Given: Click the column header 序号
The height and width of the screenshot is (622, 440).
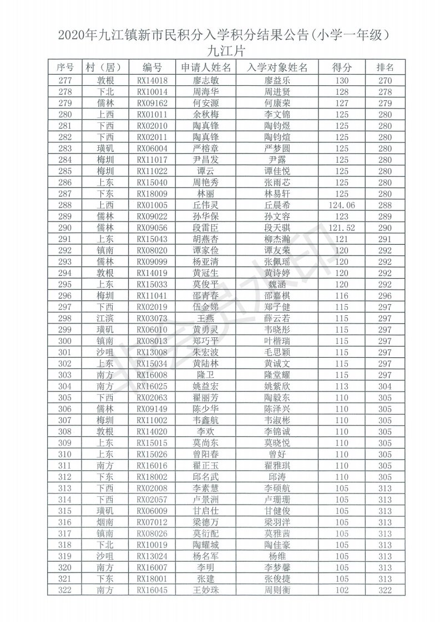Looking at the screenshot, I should (65, 68).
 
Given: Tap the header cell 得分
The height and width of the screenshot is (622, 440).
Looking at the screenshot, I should (342, 68).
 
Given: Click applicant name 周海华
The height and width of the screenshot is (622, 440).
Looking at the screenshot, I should (206, 91).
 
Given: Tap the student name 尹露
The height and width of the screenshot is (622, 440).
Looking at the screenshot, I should (277, 160).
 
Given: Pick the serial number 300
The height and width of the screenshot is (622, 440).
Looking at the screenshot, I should (65, 341).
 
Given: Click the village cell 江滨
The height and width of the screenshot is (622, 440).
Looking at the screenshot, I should (105, 318).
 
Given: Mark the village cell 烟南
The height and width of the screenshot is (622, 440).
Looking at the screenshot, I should (105, 522).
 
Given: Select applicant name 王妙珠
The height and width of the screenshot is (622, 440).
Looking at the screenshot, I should (206, 590).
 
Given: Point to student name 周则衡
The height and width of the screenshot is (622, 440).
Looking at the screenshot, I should (277, 590).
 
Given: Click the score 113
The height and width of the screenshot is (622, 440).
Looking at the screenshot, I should (342, 387).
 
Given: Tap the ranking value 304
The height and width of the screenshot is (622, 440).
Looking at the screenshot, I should (385, 387).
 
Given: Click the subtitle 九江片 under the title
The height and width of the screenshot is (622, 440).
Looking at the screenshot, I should (220, 52).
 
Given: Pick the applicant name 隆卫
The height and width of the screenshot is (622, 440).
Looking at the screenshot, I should (206, 375).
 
